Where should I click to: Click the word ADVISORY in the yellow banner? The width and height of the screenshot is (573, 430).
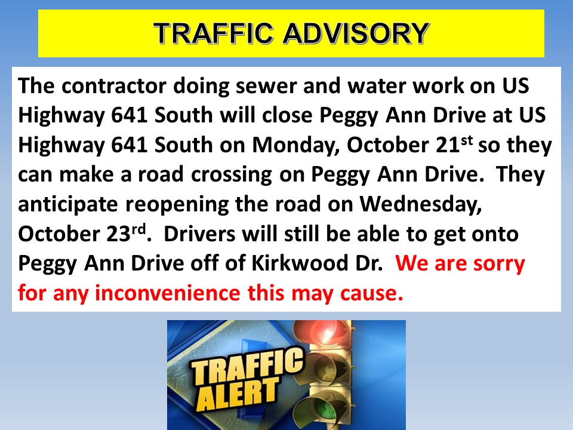[356, 33]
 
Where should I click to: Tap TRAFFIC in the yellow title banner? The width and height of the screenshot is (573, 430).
[214, 33]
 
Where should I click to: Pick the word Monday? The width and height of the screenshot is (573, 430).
[296, 145]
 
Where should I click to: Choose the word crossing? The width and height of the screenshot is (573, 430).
[232, 175]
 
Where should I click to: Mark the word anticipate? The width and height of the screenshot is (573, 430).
[68, 204]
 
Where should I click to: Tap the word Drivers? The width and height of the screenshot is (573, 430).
[199, 234]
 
